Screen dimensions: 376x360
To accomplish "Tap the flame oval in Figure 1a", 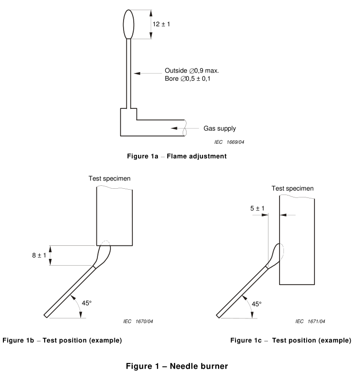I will tap(128, 24).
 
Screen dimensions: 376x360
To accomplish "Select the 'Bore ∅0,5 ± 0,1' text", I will tap(191, 78).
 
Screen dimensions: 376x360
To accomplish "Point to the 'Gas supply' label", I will tap(219, 129).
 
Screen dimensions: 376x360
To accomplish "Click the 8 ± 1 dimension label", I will tap(38, 255).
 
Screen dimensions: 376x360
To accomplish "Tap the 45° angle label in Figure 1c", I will tap(256, 304).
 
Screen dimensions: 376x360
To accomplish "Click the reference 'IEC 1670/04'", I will tap(139, 321).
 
